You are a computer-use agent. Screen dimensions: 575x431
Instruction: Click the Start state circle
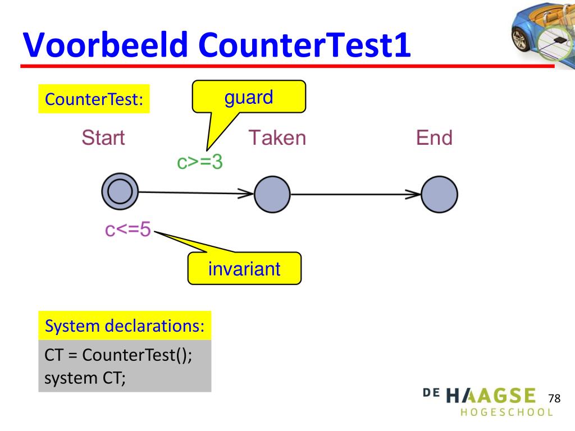(120, 191)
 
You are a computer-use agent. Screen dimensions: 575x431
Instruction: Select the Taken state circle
(272, 194)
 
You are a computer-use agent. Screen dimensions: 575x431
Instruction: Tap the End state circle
(439, 194)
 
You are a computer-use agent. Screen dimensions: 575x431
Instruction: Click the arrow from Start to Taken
(196, 192)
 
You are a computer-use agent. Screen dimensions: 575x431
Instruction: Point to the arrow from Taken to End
(355, 194)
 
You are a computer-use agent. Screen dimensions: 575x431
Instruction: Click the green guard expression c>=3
(200, 162)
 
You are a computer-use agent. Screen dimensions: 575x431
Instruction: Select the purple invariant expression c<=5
(128, 230)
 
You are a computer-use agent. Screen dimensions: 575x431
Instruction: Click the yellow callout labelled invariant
(244, 268)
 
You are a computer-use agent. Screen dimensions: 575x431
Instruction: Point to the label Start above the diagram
(103, 138)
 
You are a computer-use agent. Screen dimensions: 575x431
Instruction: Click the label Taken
(277, 138)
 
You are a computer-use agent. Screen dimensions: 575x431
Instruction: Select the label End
(434, 138)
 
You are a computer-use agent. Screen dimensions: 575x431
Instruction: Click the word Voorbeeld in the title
(106, 44)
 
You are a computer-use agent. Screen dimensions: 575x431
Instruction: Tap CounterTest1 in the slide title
(304, 44)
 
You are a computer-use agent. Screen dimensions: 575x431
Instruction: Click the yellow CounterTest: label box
(94, 99)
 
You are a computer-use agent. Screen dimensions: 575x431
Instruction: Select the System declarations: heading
(125, 325)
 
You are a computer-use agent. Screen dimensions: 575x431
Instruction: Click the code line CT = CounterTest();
(118, 355)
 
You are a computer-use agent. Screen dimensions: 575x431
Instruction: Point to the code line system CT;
(85, 378)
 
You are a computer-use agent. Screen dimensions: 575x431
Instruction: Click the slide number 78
(554, 398)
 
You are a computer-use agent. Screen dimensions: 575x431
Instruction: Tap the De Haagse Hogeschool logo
(489, 402)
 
